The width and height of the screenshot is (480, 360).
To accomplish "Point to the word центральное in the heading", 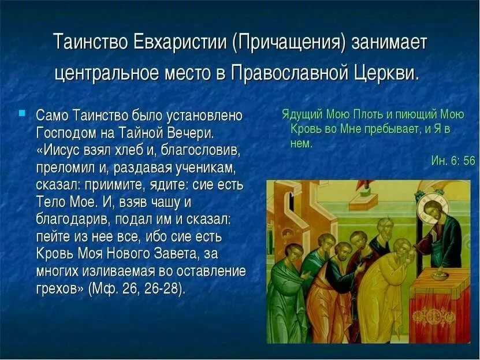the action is pos(106,73).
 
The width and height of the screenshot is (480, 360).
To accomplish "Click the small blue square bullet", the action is pos(22,113).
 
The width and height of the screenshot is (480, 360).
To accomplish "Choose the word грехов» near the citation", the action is pos(60,289).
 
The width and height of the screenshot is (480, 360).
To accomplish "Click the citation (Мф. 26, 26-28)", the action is pos(137,289).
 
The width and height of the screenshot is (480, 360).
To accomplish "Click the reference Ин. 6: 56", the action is pos(453,160).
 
